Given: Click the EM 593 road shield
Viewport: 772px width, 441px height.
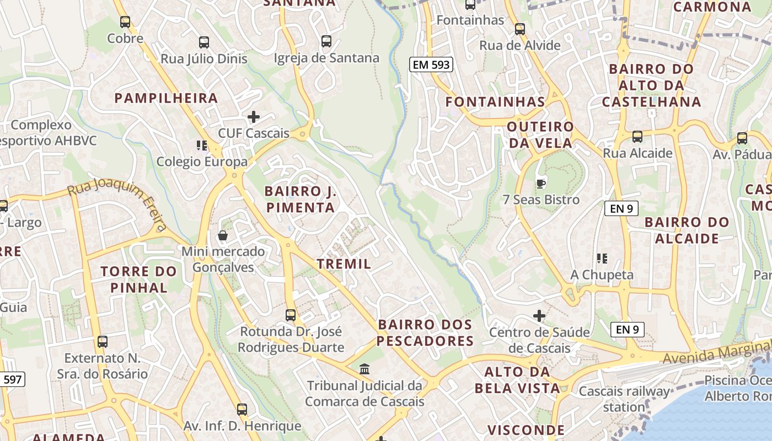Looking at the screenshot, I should [431, 64].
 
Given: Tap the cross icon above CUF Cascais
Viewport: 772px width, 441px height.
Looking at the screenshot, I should [254, 117].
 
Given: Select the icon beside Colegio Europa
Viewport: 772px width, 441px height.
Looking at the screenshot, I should [202, 146].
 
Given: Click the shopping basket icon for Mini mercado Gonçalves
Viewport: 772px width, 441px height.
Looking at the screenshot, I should [223, 236].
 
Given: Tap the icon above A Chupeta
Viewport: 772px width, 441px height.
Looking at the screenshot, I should [602, 258].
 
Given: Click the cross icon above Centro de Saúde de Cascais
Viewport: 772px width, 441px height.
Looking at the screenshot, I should [539, 316].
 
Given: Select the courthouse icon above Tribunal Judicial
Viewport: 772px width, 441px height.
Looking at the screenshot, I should [364, 369].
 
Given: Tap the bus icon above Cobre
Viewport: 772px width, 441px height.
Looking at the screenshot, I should [125, 22].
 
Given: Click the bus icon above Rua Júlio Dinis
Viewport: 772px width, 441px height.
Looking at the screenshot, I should [204, 42].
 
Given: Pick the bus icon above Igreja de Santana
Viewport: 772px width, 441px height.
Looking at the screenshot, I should [326, 41].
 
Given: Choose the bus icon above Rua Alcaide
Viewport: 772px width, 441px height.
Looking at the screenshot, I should [637, 136].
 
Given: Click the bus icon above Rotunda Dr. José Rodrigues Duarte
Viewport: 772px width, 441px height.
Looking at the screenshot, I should [291, 315].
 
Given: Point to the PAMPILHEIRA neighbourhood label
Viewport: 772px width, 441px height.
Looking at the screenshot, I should [166, 99].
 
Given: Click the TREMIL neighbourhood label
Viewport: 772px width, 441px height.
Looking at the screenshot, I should [344, 264].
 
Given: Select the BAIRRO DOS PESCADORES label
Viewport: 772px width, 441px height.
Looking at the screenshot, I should [425, 332].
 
